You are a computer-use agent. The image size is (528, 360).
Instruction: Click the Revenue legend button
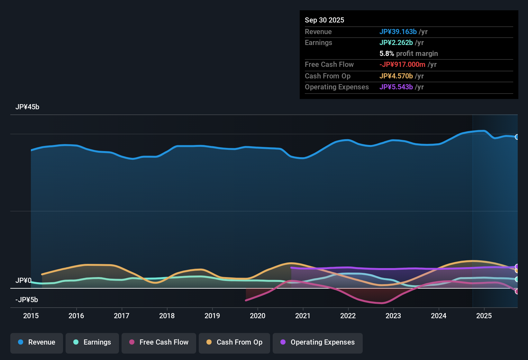tap(37, 342)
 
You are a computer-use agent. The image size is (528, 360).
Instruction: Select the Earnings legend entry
tap(92, 342)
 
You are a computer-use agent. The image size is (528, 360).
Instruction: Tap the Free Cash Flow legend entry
tap(159, 342)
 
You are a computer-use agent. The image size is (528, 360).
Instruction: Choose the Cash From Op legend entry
tap(234, 342)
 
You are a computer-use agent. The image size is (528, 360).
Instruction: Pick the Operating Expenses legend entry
tap(318, 342)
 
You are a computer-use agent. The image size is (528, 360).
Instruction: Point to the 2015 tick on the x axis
tap(31, 316)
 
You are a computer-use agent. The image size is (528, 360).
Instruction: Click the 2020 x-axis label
tap(258, 316)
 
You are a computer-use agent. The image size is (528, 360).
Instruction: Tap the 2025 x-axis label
tap(484, 316)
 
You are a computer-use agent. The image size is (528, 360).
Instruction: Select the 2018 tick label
tap(167, 316)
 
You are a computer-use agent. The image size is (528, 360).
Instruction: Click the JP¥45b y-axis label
tap(27, 107)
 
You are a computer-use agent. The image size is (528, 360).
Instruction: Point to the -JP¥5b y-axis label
tap(27, 300)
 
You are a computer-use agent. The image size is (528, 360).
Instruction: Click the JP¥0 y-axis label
tap(23, 281)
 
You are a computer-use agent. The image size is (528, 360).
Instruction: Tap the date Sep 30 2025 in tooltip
tap(324, 20)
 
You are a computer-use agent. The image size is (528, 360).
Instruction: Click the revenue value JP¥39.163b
tap(398, 32)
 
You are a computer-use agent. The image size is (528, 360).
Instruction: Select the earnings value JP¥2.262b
tap(396, 42)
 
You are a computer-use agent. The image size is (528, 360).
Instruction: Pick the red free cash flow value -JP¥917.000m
tap(402, 64)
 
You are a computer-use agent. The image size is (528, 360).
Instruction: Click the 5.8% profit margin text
tap(409, 53)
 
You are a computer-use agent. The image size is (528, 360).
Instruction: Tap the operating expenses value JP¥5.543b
tap(396, 87)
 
